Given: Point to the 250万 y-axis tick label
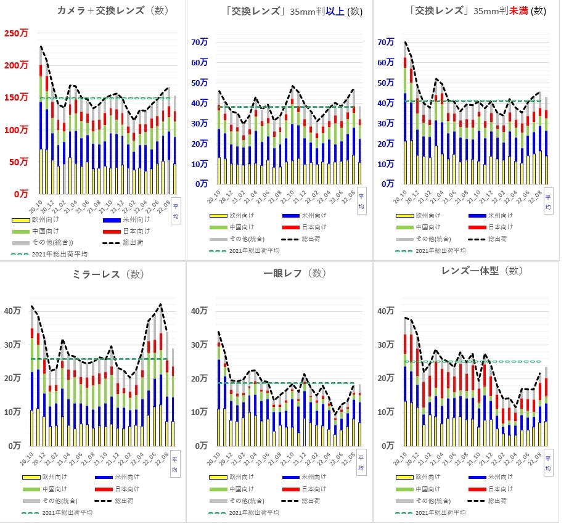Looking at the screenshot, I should (17, 33).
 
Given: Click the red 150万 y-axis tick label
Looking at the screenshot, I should (17, 97).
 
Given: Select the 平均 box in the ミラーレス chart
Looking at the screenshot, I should (175, 463).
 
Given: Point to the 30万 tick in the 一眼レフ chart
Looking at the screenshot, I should (199, 345).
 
